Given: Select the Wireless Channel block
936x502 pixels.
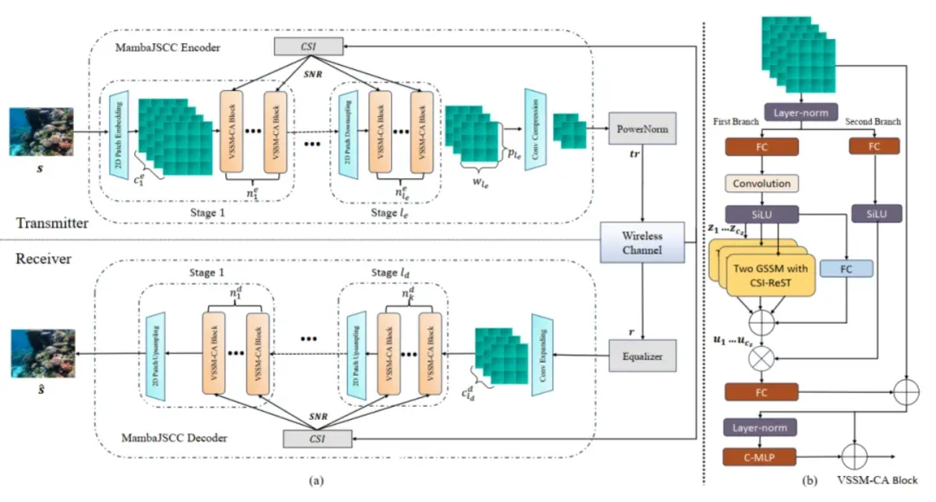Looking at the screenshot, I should pyautogui.click(x=641, y=242).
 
